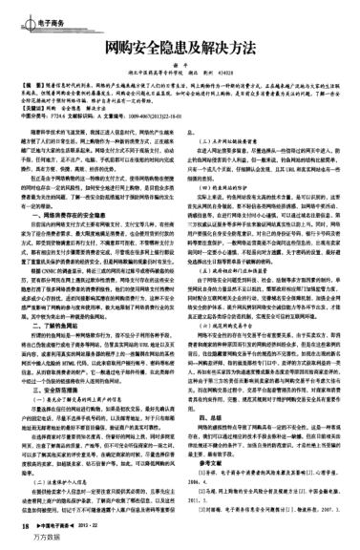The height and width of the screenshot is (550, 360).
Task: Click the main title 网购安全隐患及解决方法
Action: tap(180, 46)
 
